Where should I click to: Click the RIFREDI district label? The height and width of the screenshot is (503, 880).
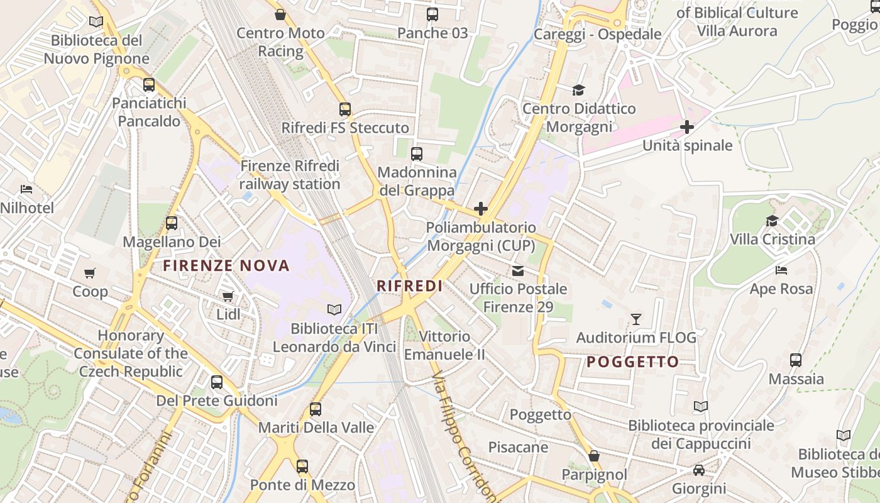[409, 286]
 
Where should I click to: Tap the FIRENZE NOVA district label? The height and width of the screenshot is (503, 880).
[226, 265]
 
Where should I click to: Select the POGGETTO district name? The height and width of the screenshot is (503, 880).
[632, 362]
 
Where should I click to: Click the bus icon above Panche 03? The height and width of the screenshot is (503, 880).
[432, 14]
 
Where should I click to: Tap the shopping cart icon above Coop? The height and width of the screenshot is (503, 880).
[90, 273]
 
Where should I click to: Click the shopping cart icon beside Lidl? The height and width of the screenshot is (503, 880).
[228, 296]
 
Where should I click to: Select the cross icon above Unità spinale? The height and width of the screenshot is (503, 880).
[686, 127]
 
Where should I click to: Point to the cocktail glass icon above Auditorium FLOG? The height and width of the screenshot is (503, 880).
[636, 319]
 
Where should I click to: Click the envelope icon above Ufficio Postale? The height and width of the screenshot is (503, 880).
[518, 271]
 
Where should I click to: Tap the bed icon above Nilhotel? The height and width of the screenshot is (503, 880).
[26, 189]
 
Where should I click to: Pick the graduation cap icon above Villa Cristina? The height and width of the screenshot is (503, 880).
[772, 221]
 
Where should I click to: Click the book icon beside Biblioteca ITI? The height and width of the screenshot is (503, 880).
[334, 309]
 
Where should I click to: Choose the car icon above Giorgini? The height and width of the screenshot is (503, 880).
[698, 470]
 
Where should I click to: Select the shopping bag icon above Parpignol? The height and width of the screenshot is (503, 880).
[593, 455]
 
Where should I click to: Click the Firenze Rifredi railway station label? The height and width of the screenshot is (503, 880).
[289, 175]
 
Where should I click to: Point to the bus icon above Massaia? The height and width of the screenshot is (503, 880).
[796, 360]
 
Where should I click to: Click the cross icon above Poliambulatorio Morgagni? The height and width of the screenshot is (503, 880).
[481, 208]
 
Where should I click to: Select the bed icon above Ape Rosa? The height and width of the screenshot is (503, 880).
[781, 270]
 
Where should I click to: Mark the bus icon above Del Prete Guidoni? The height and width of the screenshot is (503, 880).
[217, 382]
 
